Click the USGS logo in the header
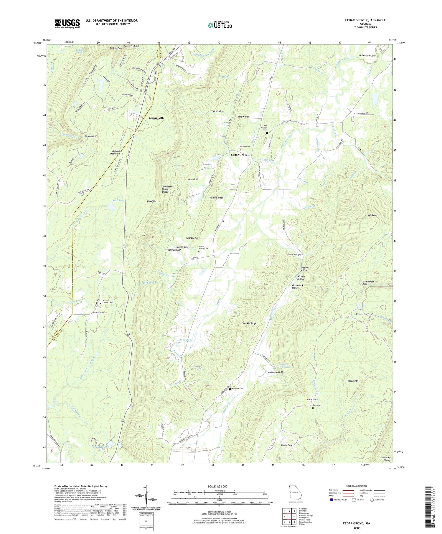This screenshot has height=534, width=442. (x=67, y=24)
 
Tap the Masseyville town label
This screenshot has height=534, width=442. (x=156, y=118)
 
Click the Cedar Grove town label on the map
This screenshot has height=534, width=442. (x=239, y=155)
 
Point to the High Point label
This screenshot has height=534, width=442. (x=372, y=215)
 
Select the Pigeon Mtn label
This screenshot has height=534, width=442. (x=352, y=381)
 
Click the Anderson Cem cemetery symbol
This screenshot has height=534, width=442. (x=230, y=389)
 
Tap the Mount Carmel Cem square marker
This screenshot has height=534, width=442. (x=100, y=302)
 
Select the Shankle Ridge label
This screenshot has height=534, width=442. (x=249, y=323)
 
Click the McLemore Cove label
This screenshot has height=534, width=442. (x=367, y=56)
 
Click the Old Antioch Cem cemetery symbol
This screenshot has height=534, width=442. (x=267, y=133)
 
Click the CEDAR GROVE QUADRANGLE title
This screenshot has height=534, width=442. (x=365, y=20)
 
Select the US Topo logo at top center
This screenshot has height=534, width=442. (x=220, y=25)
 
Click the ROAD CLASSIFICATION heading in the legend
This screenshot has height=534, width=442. (x=357, y=486)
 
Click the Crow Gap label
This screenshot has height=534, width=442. (x=152, y=201)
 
